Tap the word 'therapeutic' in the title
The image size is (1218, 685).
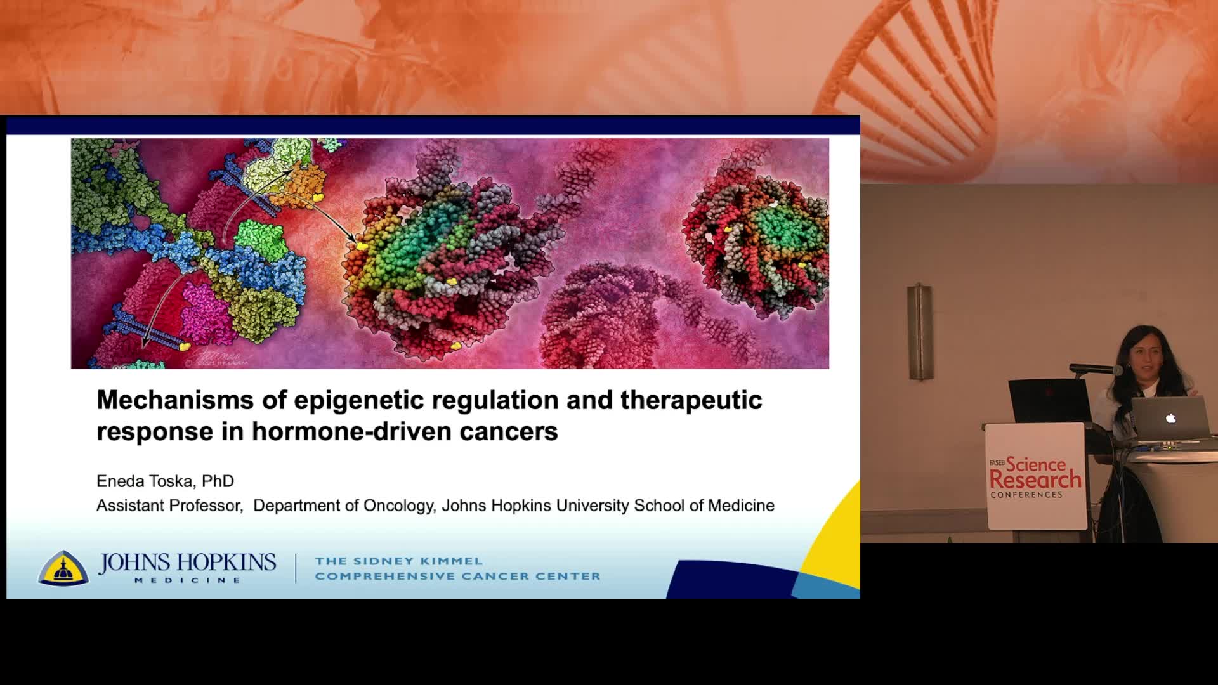coord(691,400)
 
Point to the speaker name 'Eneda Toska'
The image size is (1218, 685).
coord(145,481)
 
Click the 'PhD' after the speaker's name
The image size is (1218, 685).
coord(218,481)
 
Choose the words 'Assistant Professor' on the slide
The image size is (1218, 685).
coord(169,506)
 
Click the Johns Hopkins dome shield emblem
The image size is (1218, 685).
coord(63,568)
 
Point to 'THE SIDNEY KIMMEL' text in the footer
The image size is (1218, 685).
coord(399,561)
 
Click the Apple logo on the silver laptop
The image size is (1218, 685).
coord(1170,418)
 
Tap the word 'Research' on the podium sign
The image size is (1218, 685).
coord(1035,480)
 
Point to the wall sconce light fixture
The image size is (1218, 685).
coord(919,332)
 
